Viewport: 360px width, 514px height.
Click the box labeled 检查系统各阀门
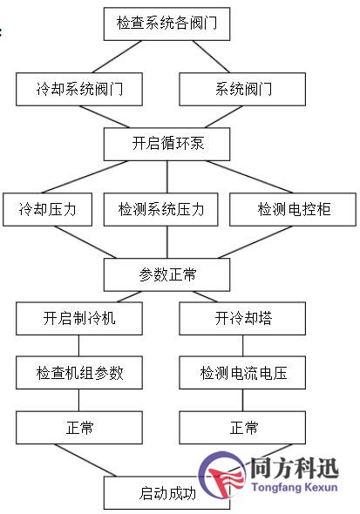[166, 24]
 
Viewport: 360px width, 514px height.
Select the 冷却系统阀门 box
[79, 89]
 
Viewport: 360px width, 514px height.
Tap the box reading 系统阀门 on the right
[242, 89]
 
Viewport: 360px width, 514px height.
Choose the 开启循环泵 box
[166, 144]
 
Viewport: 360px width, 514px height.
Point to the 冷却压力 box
[48, 209]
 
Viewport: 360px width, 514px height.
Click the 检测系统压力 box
[160, 209]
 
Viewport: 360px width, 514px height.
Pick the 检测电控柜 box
[293, 209]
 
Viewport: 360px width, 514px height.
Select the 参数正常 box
[166, 274]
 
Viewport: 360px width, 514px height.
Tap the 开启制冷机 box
[79, 318]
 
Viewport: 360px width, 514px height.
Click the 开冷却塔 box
[242, 318]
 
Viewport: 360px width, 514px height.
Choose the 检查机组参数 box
[79, 373]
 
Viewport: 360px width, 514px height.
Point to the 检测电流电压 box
[242, 373]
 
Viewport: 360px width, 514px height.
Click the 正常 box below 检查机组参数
[79, 428]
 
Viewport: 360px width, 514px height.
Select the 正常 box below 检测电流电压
[242, 428]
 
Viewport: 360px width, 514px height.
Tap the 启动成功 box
[166, 493]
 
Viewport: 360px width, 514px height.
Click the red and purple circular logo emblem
[222, 475]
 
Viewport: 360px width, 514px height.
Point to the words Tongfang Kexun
[295, 487]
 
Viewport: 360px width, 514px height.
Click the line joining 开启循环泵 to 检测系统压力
[167, 177]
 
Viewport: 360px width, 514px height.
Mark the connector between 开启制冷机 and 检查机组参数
[78, 346]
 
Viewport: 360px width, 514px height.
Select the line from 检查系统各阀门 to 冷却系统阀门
[117, 57]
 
